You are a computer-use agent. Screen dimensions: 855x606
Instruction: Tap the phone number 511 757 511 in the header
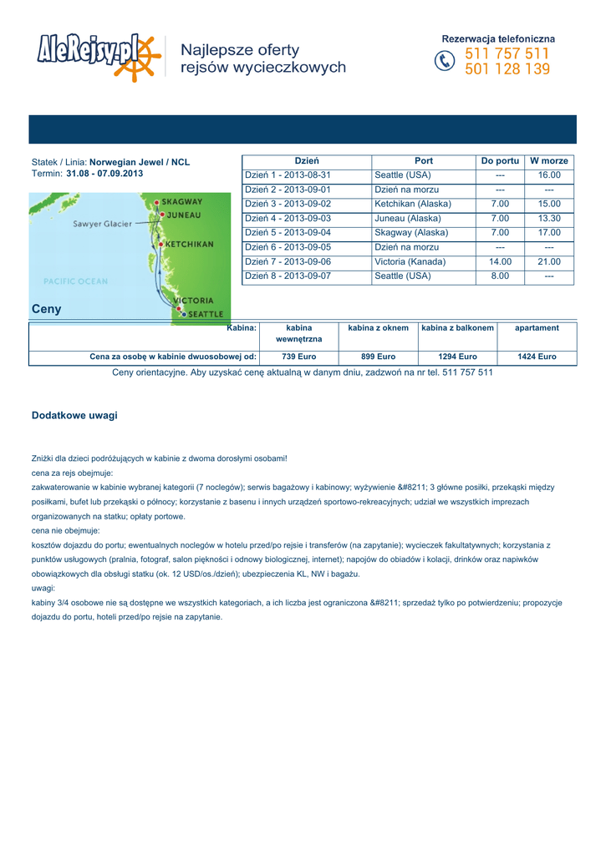tap(507, 54)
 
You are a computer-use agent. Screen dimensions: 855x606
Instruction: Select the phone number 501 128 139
tap(507, 70)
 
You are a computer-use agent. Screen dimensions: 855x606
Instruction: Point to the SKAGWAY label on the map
tap(181, 202)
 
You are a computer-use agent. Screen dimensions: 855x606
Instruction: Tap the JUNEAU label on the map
tap(182, 215)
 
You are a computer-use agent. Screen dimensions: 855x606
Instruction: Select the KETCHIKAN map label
tap(189, 245)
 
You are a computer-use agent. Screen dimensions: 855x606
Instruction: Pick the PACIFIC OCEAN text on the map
tap(75, 281)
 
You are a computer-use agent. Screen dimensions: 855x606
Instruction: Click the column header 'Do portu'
tap(500, 161)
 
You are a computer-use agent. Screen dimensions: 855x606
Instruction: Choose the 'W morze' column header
tap(549, 161)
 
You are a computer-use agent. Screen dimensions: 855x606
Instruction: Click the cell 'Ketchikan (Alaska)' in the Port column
tap(413, 204)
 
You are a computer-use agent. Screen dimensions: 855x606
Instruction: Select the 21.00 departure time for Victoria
tap(549, 261)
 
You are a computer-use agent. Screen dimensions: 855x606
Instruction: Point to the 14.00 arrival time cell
tap(500, 261)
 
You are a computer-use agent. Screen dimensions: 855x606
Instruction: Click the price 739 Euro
tap(298, 357)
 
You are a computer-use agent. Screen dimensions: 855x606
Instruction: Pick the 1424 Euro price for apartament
tap(537, 357)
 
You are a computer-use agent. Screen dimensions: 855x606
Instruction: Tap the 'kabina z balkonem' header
tap(457, 328)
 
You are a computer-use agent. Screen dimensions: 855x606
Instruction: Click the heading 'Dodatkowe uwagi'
tap(74, 415)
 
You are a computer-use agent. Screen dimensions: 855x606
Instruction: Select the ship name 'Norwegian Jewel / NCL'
tap(140, 162)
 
